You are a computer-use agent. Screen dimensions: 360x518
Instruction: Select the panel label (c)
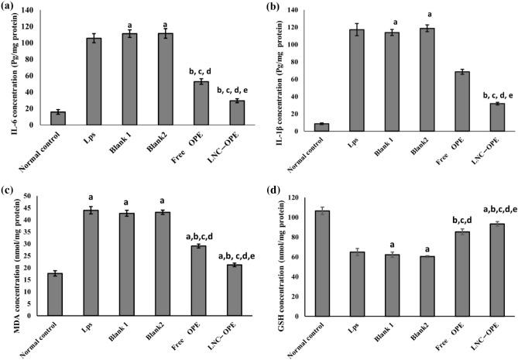[x=12, y=188]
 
